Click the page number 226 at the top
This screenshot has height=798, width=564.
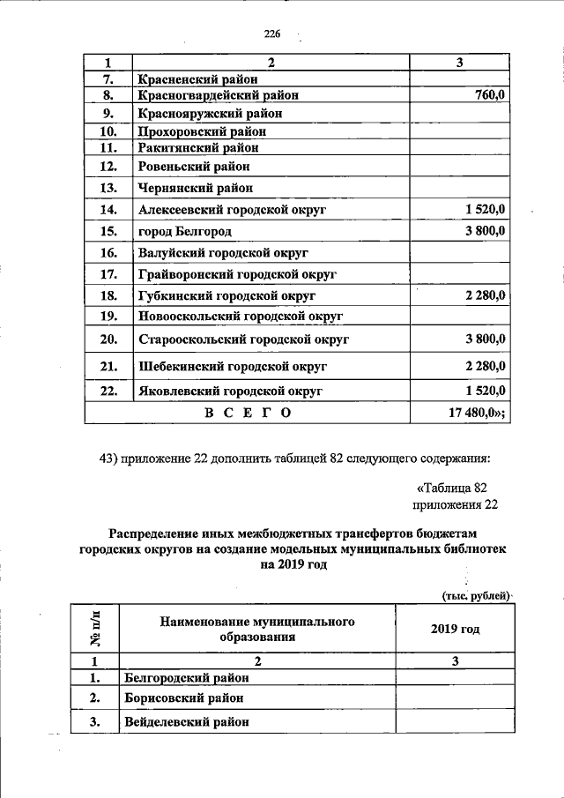pos(271,34)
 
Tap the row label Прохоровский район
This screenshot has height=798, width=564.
pos(202,131)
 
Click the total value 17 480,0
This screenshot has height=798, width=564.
pos(477,413)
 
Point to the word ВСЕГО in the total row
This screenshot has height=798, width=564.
pos(249,413)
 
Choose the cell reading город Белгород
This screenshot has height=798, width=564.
pos(185,231)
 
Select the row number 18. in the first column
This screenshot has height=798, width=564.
pos(108,296)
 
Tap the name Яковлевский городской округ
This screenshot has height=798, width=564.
pos(229,390)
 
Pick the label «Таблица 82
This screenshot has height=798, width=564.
pos(451,487)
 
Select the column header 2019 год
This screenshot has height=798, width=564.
pos(455,629)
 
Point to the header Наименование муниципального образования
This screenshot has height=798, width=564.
pos(257,628)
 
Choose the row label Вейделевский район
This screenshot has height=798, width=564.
pos(186,722)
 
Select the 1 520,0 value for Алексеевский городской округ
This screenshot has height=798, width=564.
pos(481,209)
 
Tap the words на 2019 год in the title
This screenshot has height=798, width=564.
pos(293,565)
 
